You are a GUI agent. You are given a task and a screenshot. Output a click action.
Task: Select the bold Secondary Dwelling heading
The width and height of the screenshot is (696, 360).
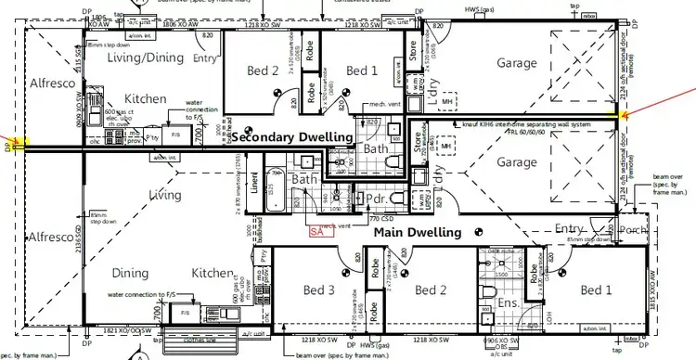[292, 137]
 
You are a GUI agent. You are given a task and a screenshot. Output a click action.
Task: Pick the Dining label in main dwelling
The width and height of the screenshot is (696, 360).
[130, 273]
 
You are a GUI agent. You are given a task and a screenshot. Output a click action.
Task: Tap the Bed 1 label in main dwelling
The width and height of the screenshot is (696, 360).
[595, 290]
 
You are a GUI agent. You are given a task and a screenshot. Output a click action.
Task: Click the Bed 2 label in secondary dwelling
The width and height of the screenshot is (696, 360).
[263, 71]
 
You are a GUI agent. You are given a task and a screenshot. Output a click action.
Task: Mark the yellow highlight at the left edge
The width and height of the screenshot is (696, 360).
[20, 144]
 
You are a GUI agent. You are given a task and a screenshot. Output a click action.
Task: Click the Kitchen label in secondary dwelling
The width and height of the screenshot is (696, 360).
[145, 98]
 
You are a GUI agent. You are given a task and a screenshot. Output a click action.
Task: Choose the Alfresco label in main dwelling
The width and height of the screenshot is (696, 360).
[49, 238]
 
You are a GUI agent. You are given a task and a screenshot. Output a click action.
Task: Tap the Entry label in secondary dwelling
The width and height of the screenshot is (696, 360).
[205, 58]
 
